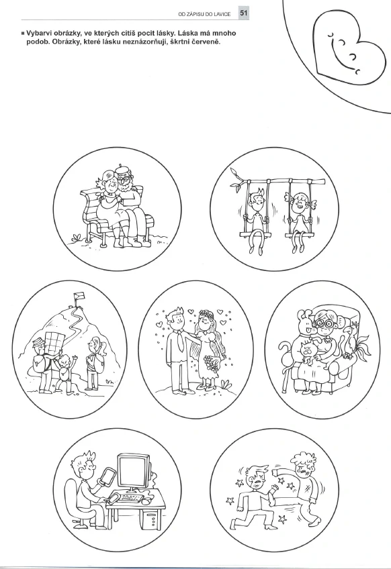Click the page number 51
point(243,14)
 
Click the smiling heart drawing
point(348,48)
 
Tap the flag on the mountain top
point(79,297)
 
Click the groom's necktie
point(180,342)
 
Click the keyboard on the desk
point(131,497)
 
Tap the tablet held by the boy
point(107,477)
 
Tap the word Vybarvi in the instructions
point(39,34)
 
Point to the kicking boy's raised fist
point(276,472)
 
